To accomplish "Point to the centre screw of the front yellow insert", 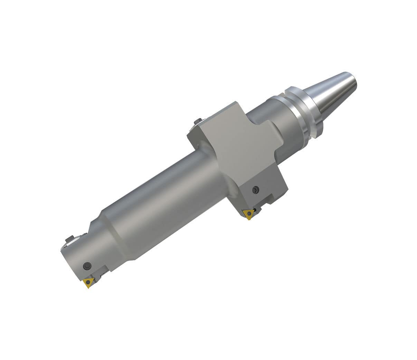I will point(89,282).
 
